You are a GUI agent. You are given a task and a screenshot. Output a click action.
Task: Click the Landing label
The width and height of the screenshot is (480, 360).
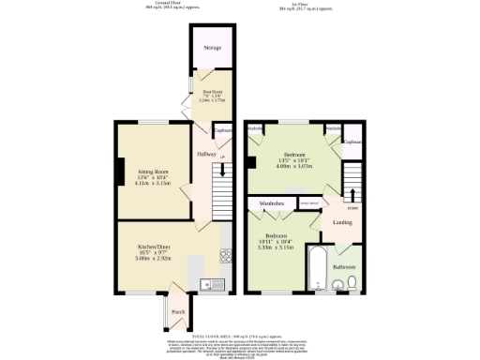[342, 222]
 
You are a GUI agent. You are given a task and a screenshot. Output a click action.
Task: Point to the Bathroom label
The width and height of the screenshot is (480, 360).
[343, 266]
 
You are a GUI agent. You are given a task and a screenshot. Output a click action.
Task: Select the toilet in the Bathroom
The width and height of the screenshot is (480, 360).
[352, 282]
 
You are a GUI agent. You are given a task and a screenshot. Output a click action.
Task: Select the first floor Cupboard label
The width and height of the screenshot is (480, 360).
[352, 142]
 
